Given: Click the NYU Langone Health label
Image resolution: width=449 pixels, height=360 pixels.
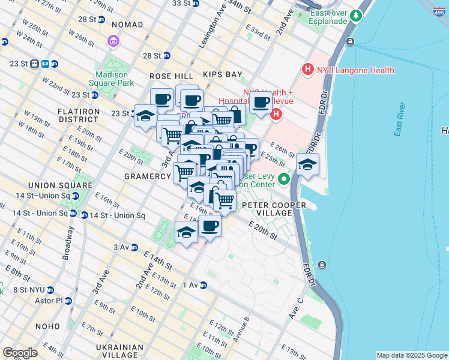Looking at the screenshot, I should (x=356, y=70).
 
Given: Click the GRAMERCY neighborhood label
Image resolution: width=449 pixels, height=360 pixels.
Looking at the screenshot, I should (x=148, y=176).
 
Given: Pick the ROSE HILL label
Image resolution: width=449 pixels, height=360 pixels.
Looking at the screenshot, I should (x=172, y=76).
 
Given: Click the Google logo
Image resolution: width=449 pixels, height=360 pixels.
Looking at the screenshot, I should (x=20, y=353).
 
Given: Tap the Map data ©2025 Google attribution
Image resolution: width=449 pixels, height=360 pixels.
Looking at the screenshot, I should (x=412, y=355).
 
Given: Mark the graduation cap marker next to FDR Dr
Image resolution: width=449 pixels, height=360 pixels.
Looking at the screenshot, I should (x=307, y=166).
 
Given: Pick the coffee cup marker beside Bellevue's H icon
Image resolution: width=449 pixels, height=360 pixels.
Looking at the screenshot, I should (x=261, y=103).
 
